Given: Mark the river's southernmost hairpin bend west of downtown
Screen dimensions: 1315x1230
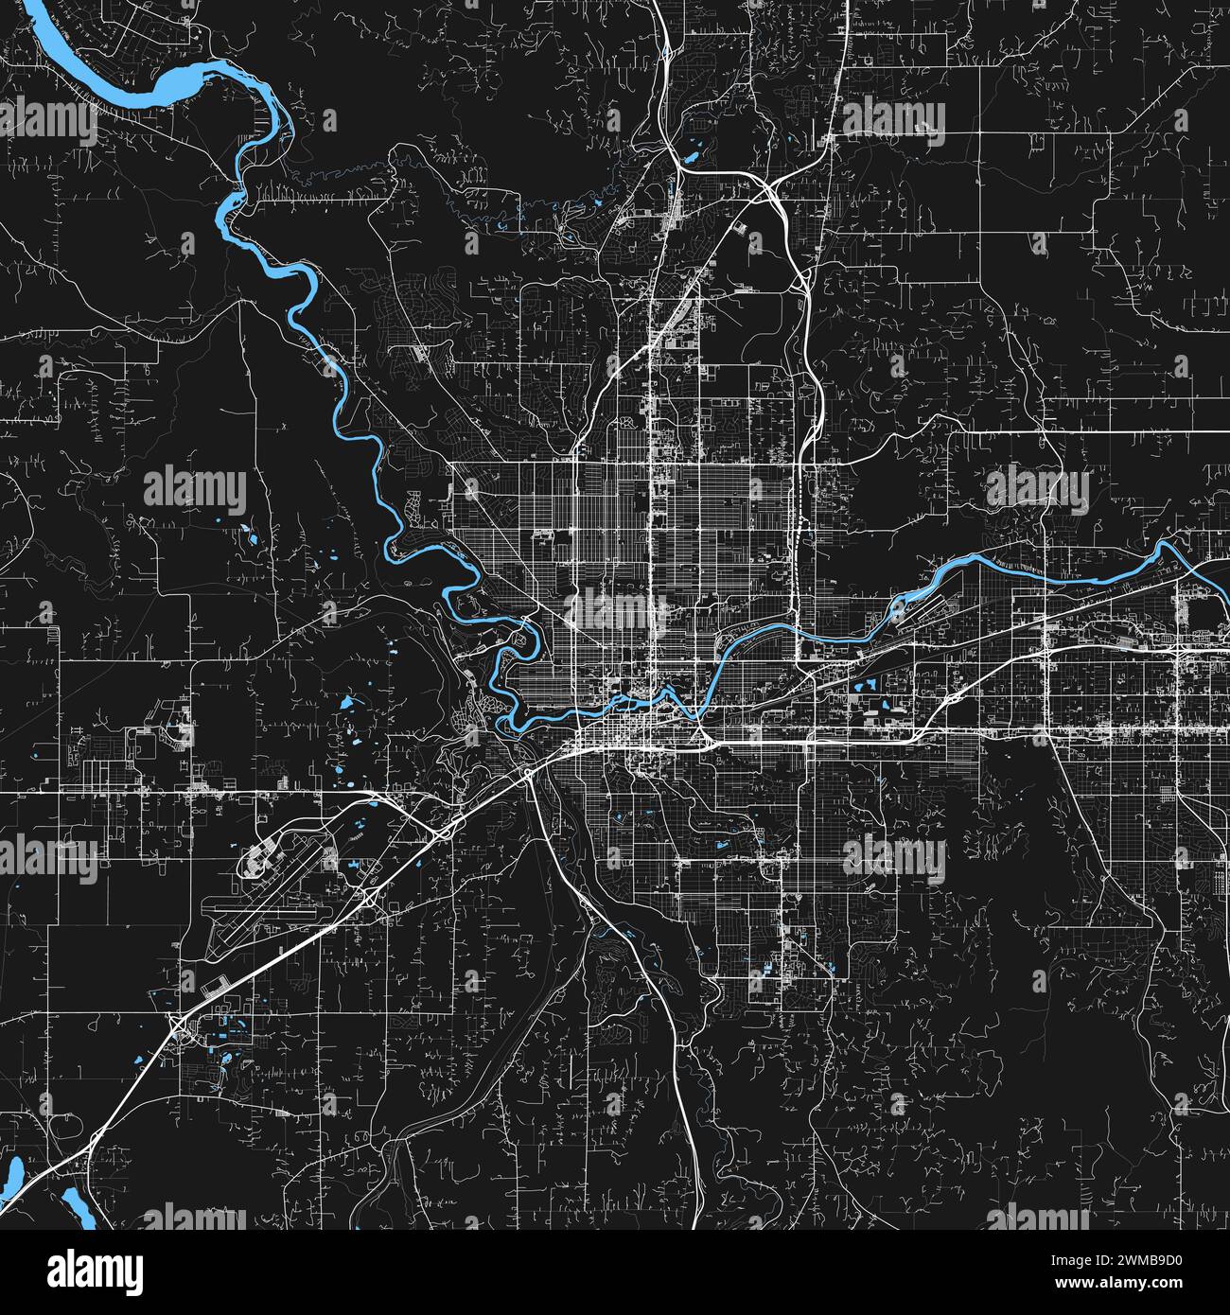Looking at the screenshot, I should click(x=512, y=725).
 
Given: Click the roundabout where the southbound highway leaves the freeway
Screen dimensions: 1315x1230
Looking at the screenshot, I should click(x=526, y=774).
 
